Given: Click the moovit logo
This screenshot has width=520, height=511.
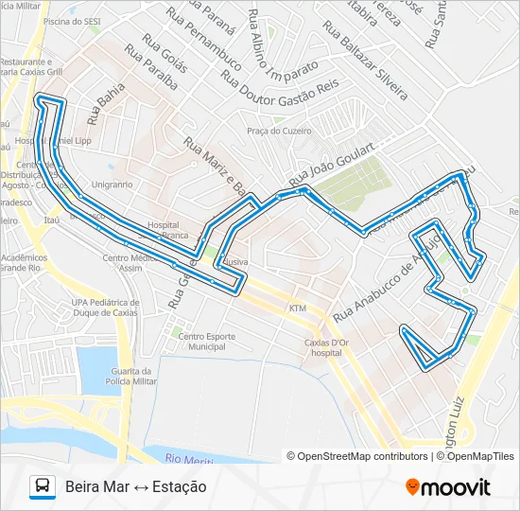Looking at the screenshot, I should [448, 487].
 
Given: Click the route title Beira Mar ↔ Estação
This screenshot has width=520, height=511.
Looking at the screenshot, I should [136, 487].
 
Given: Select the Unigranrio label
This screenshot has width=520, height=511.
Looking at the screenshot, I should [113, 185].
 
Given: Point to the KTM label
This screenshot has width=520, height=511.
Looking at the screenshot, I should [299, 308].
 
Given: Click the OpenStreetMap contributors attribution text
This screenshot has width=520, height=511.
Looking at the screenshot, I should [357, 456].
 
